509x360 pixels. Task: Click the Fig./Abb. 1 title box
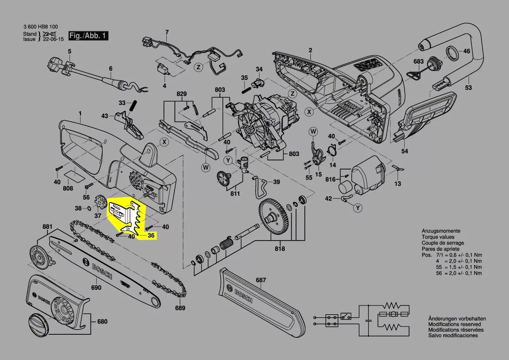88,36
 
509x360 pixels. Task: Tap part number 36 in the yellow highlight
151,235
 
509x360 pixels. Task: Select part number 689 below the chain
180,308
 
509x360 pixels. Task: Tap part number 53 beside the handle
468,88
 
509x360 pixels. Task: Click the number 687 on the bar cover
261,280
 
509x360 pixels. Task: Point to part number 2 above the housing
310,51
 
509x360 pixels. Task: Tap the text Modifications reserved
455,324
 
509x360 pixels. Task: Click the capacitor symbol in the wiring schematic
368,320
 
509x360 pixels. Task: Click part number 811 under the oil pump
235,194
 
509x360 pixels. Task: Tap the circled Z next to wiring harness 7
199,67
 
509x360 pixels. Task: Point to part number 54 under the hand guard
405,151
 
